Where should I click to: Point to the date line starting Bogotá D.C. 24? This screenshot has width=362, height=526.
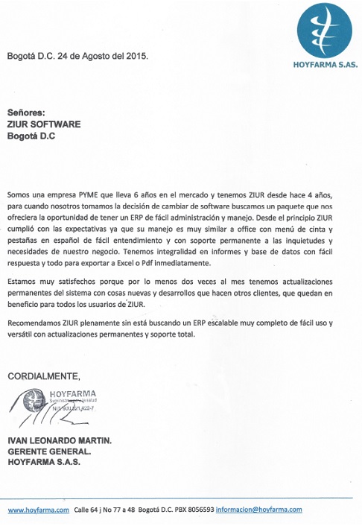click(77, 56)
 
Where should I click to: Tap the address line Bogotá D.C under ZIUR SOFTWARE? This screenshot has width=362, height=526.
click(32, 136)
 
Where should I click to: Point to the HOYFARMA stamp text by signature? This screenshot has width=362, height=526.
click(77, 393)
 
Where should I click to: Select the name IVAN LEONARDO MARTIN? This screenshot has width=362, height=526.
click(60, 440)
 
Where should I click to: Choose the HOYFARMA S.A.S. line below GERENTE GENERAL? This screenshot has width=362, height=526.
click(44, 462)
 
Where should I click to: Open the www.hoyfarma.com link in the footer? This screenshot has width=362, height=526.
click(38, 510)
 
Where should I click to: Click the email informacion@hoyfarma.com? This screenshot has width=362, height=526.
click(259, 510)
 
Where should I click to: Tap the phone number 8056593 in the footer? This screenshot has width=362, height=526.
click(199, 510)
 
